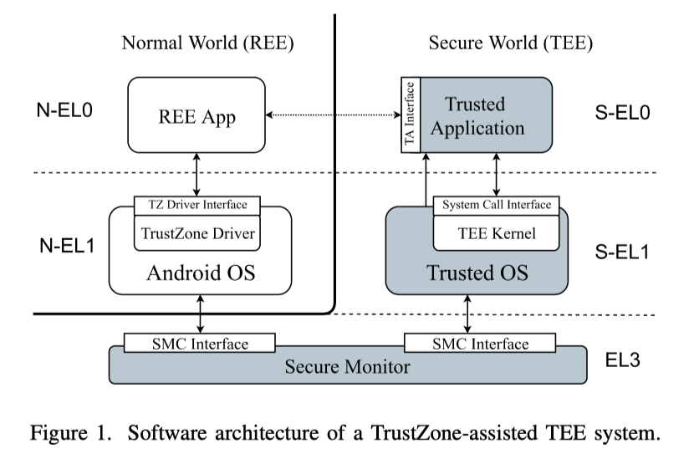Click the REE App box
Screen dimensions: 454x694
(x=196, y=116)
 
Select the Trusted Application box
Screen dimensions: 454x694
(x=486, y=116)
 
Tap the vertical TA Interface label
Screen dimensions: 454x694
(x=409, y=116)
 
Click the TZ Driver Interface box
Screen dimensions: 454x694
(x=197, y=205)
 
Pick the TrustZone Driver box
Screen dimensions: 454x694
(x=197, y=232)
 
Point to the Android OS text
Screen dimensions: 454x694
(x=200, y=273)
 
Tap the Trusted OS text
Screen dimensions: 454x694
(x=477, y=273)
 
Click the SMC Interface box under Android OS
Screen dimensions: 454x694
(x=198, y=344)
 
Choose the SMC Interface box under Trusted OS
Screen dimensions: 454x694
(x=477, y=344)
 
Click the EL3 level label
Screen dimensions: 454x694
(x=624, y=360)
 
